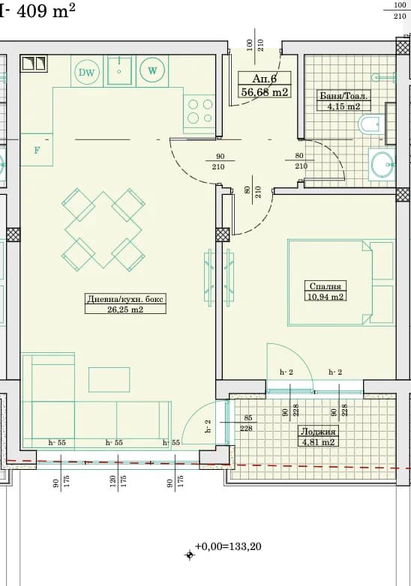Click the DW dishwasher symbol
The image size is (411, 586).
(87, 72)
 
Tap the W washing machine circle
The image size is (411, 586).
(152, 70)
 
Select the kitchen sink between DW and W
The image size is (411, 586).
(120, 70)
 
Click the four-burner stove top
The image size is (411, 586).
(199, 111)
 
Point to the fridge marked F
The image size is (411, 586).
(37, 150)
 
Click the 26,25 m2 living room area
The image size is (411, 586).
(125, 309)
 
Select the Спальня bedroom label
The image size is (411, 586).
(325, 286)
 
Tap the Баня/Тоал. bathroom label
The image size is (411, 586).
(343, 96)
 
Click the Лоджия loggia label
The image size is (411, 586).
(318, 432)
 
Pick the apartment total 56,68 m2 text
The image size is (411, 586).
(265, 91)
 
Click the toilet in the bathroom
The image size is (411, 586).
(370, 124)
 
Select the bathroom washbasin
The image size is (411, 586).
(382, 163)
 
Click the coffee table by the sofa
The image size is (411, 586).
(109, 379)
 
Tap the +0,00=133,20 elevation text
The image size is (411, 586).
(228, 546)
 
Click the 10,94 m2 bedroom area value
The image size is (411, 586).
(325, 297)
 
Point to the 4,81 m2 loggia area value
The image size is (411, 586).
(317, 442)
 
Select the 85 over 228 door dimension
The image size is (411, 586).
(247, 423)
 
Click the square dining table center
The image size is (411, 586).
(103, 230)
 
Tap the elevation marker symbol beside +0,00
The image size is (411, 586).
(190, 555)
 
